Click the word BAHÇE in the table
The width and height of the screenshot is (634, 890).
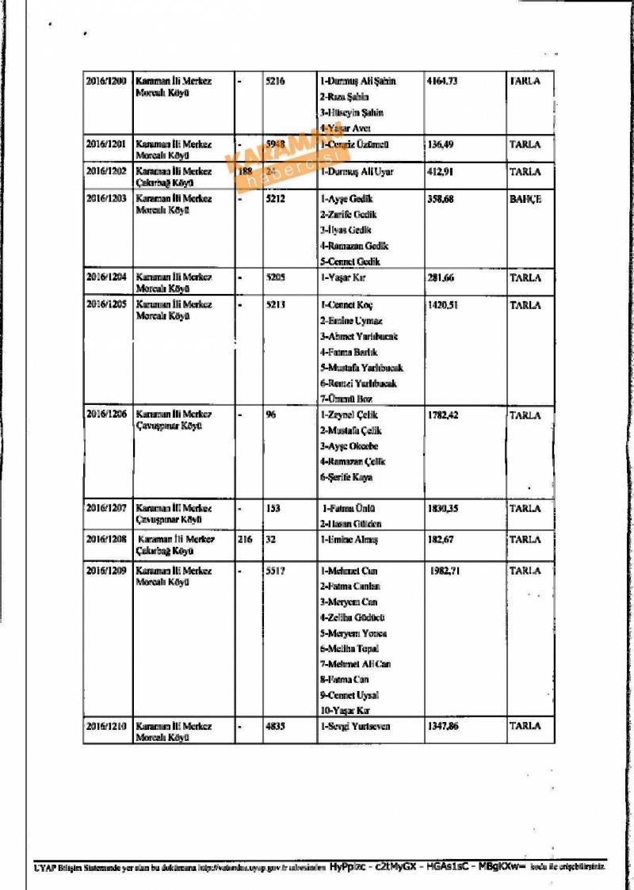[525, 199]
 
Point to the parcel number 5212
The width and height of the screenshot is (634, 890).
[277, 199]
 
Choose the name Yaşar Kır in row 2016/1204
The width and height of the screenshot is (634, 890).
[343, 278]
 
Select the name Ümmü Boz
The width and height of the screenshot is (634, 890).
[346, 399]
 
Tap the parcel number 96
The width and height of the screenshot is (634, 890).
[271, 414]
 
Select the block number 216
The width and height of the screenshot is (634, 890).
[245, 540]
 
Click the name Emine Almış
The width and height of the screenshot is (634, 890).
[349, 540]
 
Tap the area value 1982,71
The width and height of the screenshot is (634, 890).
[445, 571]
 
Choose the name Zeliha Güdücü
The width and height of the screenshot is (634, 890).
[353, 617]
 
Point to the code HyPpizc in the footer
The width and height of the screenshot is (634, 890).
[348, 867]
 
